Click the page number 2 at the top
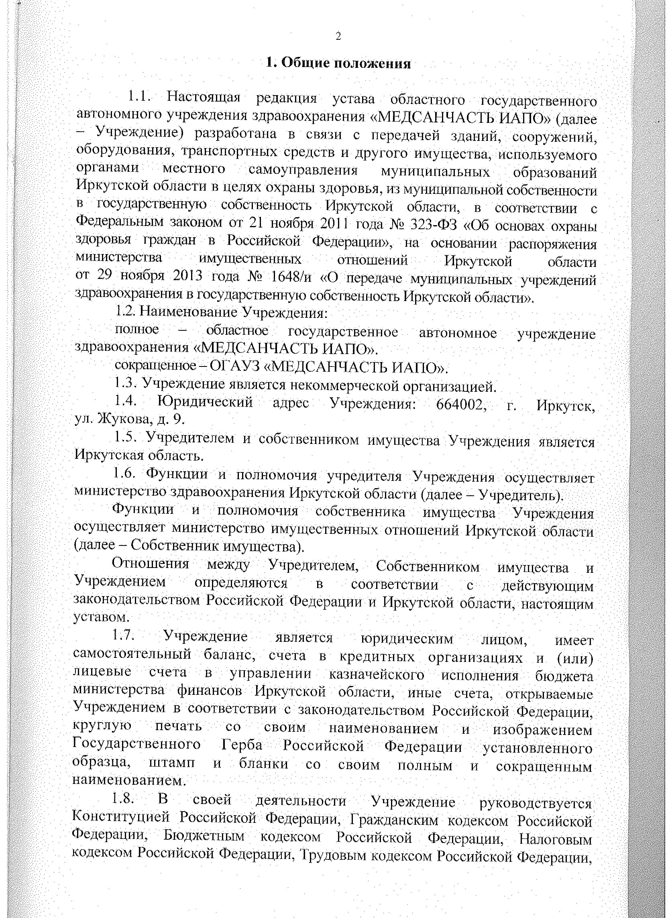click(x=338, y=37)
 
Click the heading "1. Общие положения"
click(x=338, y=63)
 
